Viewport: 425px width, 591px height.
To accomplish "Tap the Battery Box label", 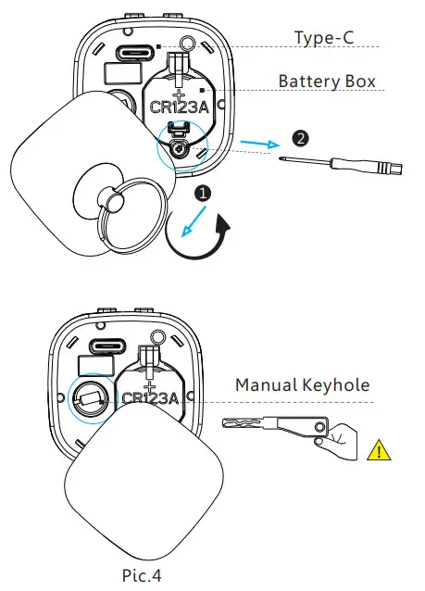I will tap(328, 82).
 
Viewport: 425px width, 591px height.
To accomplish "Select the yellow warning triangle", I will tap(379, 452).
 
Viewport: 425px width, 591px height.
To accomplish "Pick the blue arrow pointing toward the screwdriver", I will tap(258, 145).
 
